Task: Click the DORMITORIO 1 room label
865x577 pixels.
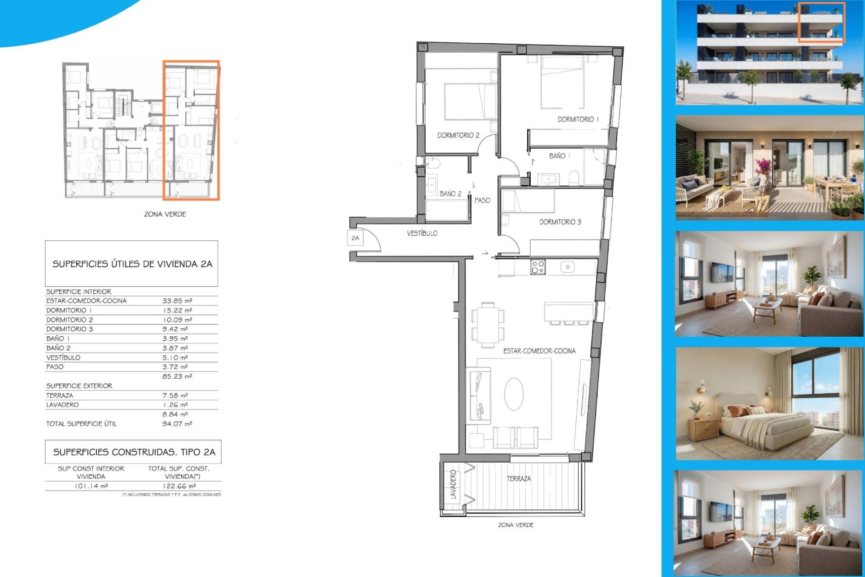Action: (x=578, y=119)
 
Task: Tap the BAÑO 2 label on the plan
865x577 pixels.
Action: (x=451, y=194)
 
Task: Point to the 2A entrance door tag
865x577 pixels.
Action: (x=355, y=238)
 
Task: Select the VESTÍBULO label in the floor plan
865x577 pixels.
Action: (x=422, y=233)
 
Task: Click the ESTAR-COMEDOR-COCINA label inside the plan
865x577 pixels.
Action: (x=539, y=351)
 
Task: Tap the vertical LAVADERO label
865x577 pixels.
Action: (x=453, y=485)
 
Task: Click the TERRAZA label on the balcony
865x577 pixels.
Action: (x=519, y=479)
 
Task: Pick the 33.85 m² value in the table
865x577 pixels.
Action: (x=177, y=301)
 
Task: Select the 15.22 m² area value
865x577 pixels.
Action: (x=177, y=310)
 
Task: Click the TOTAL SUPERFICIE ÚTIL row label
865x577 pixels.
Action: (x=81, y=424)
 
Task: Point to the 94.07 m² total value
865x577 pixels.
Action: (x=177, y=424)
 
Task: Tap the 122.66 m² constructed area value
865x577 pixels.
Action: (x=179, y=486)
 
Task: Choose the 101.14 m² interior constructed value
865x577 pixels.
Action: (x=91, y=486)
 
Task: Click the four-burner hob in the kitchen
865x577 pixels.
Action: (x=538, y=267)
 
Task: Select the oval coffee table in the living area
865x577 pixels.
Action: (x=514, y=394)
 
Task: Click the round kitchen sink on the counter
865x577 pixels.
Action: (x=568, y=267)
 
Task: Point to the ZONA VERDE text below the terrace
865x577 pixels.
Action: (x=516, y=525)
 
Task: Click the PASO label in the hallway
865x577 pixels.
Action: (x=482, y=200)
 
